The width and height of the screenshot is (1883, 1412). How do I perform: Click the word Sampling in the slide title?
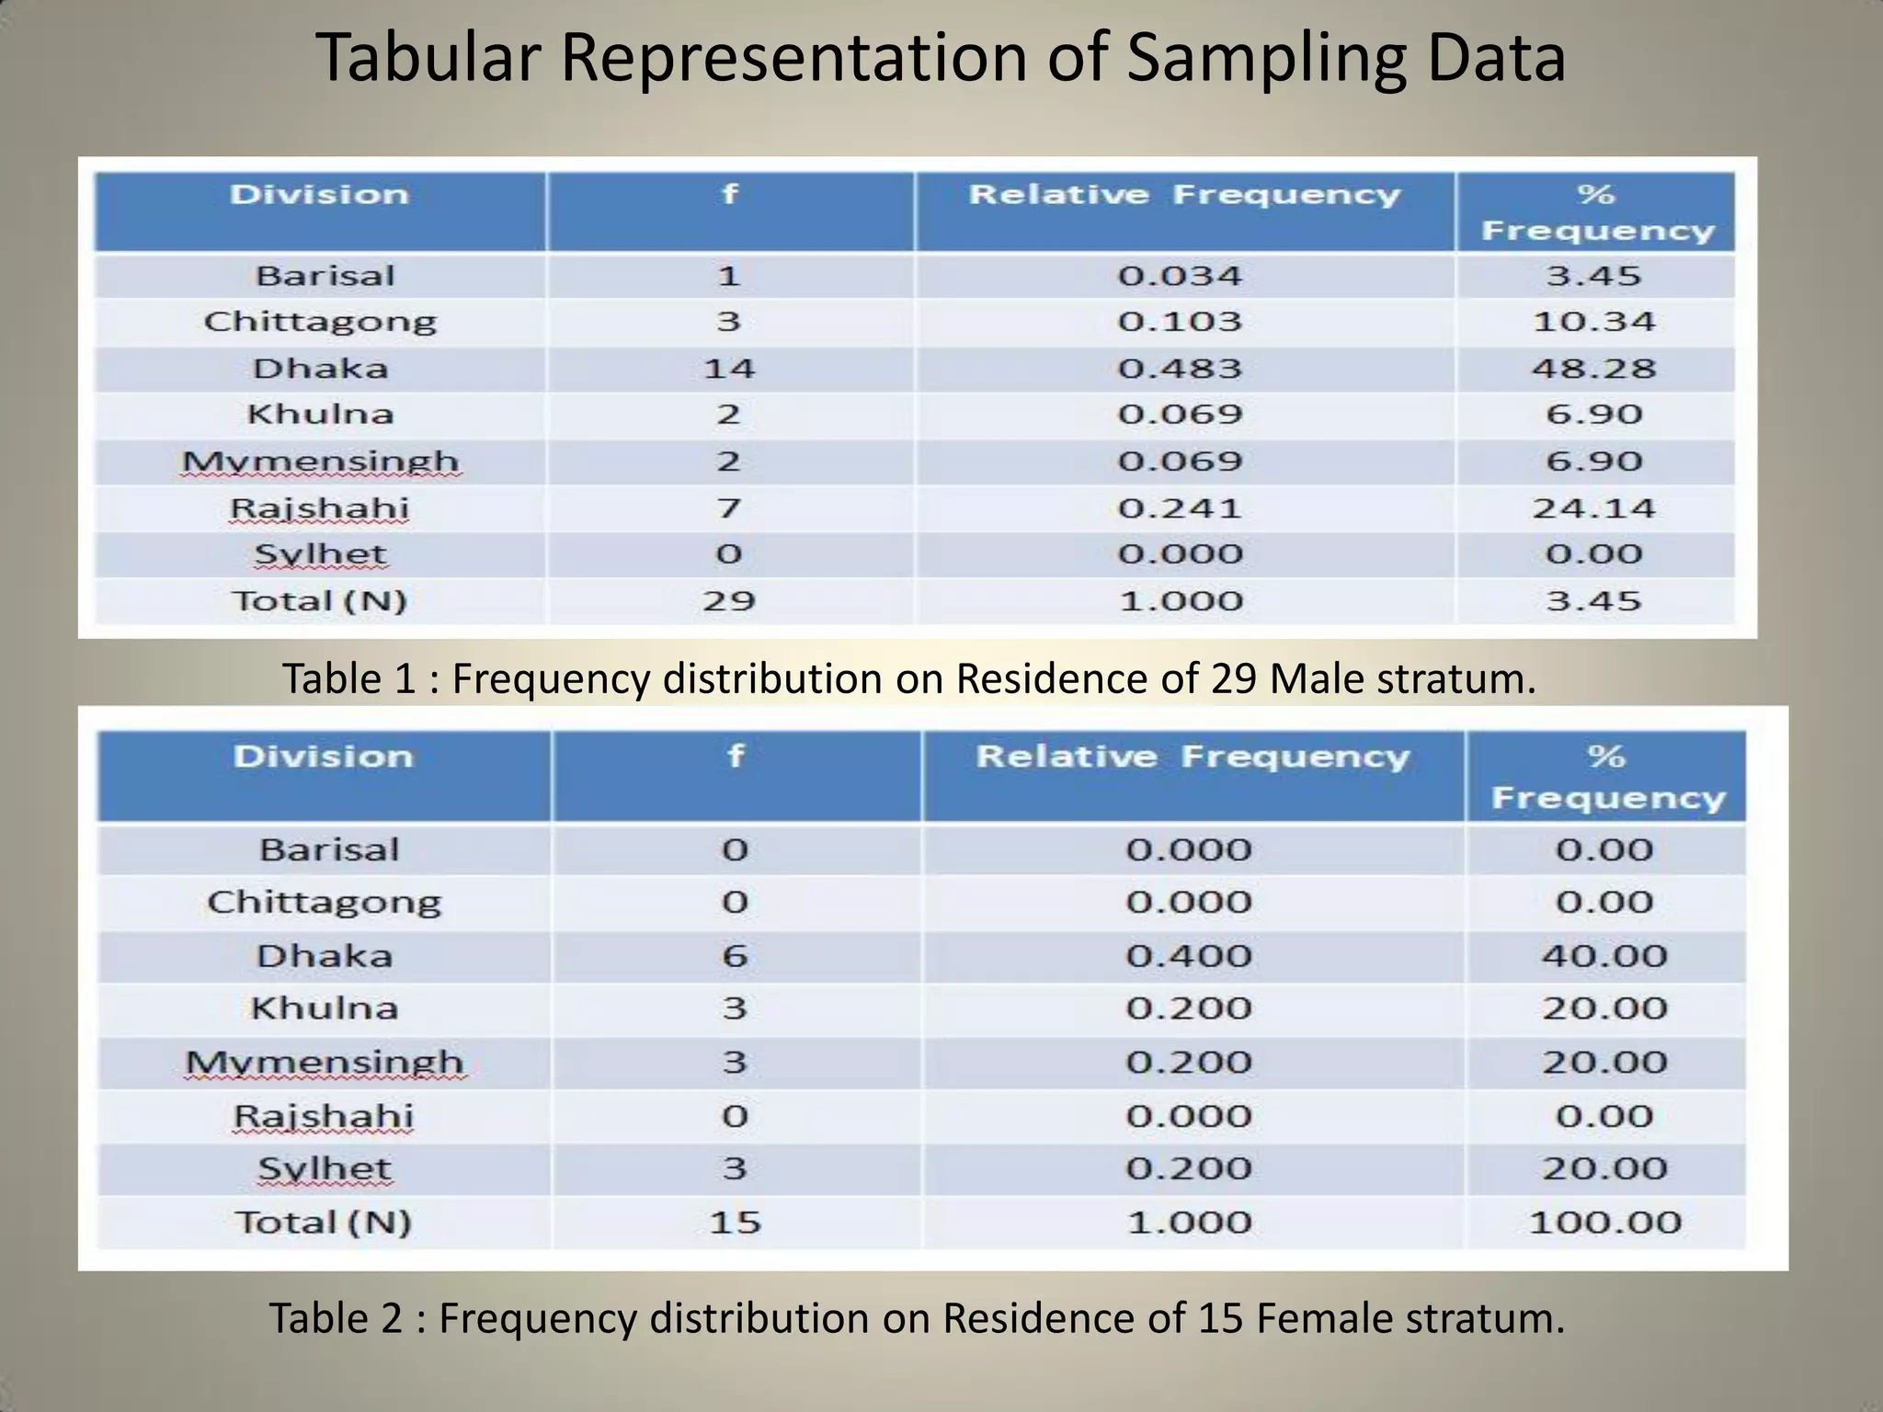tap(1266, 59)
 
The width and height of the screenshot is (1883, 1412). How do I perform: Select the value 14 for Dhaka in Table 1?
tap(729, 369)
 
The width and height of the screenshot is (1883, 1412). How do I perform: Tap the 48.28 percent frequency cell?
tap(1593, 369)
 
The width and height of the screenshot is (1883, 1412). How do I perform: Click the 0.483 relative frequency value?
tap(1180, 369)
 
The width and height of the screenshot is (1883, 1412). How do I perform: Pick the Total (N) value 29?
tap(729, 601)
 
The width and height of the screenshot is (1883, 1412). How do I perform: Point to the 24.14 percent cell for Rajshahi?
tap(1593, 508)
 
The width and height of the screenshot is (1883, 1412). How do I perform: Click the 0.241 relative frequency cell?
tap(1180, 508)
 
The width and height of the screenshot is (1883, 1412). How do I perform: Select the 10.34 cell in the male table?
tap(1593, 322)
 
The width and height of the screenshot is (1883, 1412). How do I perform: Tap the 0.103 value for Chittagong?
tap(1180, 322)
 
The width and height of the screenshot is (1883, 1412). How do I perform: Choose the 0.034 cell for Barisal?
tap(1180, 276)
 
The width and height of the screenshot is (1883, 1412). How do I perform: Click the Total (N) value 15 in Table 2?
tap(735, 1223)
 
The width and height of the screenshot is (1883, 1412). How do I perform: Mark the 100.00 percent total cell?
tap(1604, 1223)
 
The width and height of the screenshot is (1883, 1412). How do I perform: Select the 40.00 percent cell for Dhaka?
tap(1604, 956)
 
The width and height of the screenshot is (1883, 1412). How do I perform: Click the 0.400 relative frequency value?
tap(1189, 956)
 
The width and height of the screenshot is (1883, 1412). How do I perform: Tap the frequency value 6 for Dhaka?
tap(735, 956)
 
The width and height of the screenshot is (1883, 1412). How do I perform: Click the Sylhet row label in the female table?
tap(325, 1169)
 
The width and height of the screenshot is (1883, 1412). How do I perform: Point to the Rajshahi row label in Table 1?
tap(319, 508)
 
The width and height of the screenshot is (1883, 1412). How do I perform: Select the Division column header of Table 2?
tap(324, 757)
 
